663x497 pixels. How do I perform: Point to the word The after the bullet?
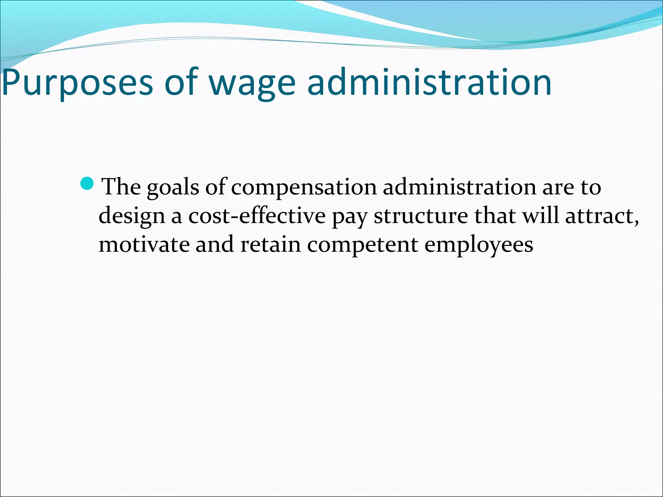click(x=121, y=187)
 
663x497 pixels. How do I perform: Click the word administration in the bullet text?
click(x=460, y=187)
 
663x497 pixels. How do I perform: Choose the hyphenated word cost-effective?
click(x=257, y=215)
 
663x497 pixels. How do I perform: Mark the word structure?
click(x=421, y=216)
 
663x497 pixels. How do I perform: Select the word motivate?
click(x=144, y=244)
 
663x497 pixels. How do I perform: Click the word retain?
click(x=271, y=244)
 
